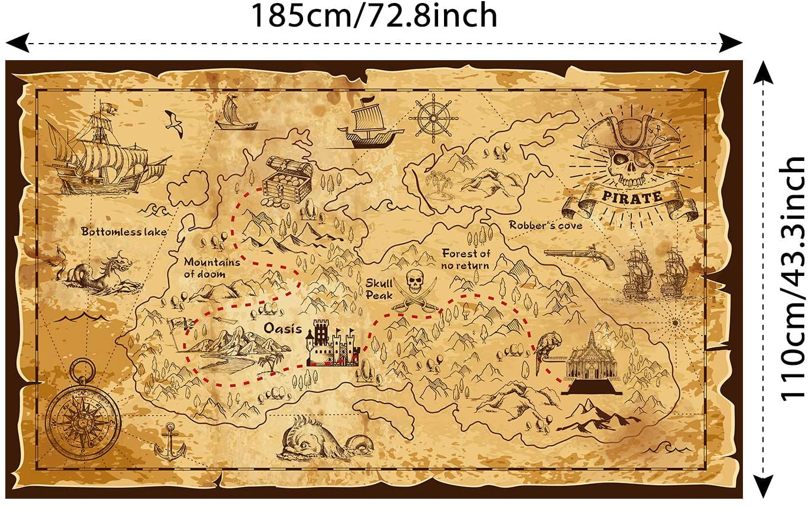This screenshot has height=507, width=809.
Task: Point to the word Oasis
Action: coord(282,328)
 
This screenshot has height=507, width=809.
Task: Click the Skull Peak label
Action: coord(379,289)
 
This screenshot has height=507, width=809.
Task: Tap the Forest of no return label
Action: coord(466,259)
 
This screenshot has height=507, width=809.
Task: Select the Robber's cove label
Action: coord(545,225)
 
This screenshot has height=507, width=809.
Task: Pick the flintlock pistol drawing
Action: coord(579,256)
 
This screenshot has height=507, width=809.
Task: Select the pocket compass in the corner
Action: coord(82,416)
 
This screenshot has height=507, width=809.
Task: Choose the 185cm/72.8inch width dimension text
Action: coord(374,16)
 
